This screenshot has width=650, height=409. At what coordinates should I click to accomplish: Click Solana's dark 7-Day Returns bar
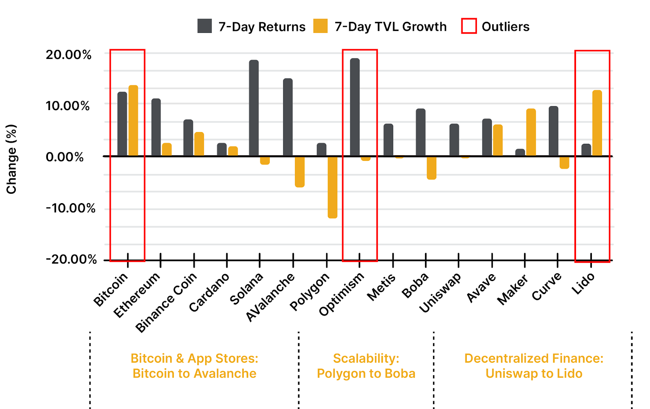(x=254, y=108)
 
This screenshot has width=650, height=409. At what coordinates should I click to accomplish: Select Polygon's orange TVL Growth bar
(x=332, y=187)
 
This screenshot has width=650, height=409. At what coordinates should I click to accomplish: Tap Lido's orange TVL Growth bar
(x=597, y=123)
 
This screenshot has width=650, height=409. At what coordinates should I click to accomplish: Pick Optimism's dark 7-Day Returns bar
(x=355, y=107)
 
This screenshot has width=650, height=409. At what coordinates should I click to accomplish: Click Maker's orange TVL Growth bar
(x=531, y=132)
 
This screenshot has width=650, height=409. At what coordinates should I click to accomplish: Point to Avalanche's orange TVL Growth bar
(x=300, y=172)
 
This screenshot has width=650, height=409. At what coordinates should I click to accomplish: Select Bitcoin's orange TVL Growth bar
(x=133, y=121)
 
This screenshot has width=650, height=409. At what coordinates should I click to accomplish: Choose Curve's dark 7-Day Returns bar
(x=553, y=131)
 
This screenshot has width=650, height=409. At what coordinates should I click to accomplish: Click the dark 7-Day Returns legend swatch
(x=205, y=26)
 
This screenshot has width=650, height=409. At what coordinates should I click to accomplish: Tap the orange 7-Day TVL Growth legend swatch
(x=321, y=26)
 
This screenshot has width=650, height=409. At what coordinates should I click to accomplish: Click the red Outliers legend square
(x=469, y=26)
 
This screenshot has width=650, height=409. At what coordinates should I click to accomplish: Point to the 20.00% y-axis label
(x=68, y=55)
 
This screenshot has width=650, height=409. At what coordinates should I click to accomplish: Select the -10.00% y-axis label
(x=71, y=208)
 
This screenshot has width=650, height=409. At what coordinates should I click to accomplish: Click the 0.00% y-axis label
(x=65, y=157)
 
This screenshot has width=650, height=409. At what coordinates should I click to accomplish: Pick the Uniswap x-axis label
(x=440, y=292)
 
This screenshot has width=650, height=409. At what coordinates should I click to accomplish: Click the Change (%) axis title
(x=11, y=159)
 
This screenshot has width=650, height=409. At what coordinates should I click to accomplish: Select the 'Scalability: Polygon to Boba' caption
(x=366, y=366)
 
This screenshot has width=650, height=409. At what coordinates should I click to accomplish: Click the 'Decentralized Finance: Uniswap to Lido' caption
(x=534, y=366)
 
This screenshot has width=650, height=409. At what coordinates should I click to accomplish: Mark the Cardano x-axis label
(x=209, y=292)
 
